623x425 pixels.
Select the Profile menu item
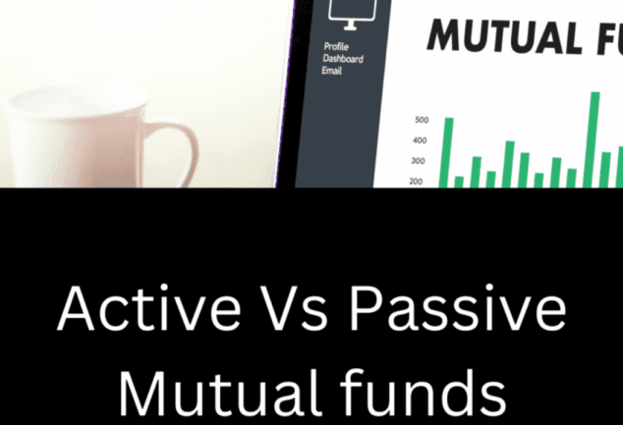pyautogui.click(x=336, y=46)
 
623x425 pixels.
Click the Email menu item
pyautogui.click(x=332, y=70)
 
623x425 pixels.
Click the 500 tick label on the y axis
pyautogui.click(x=422, y=120)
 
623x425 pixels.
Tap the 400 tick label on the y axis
pyautogui.click(x=422, y=140)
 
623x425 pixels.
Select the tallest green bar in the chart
pyautogui.click(x=595, y=138)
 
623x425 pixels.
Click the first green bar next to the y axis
pyautogui.click(x=448, y=151)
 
